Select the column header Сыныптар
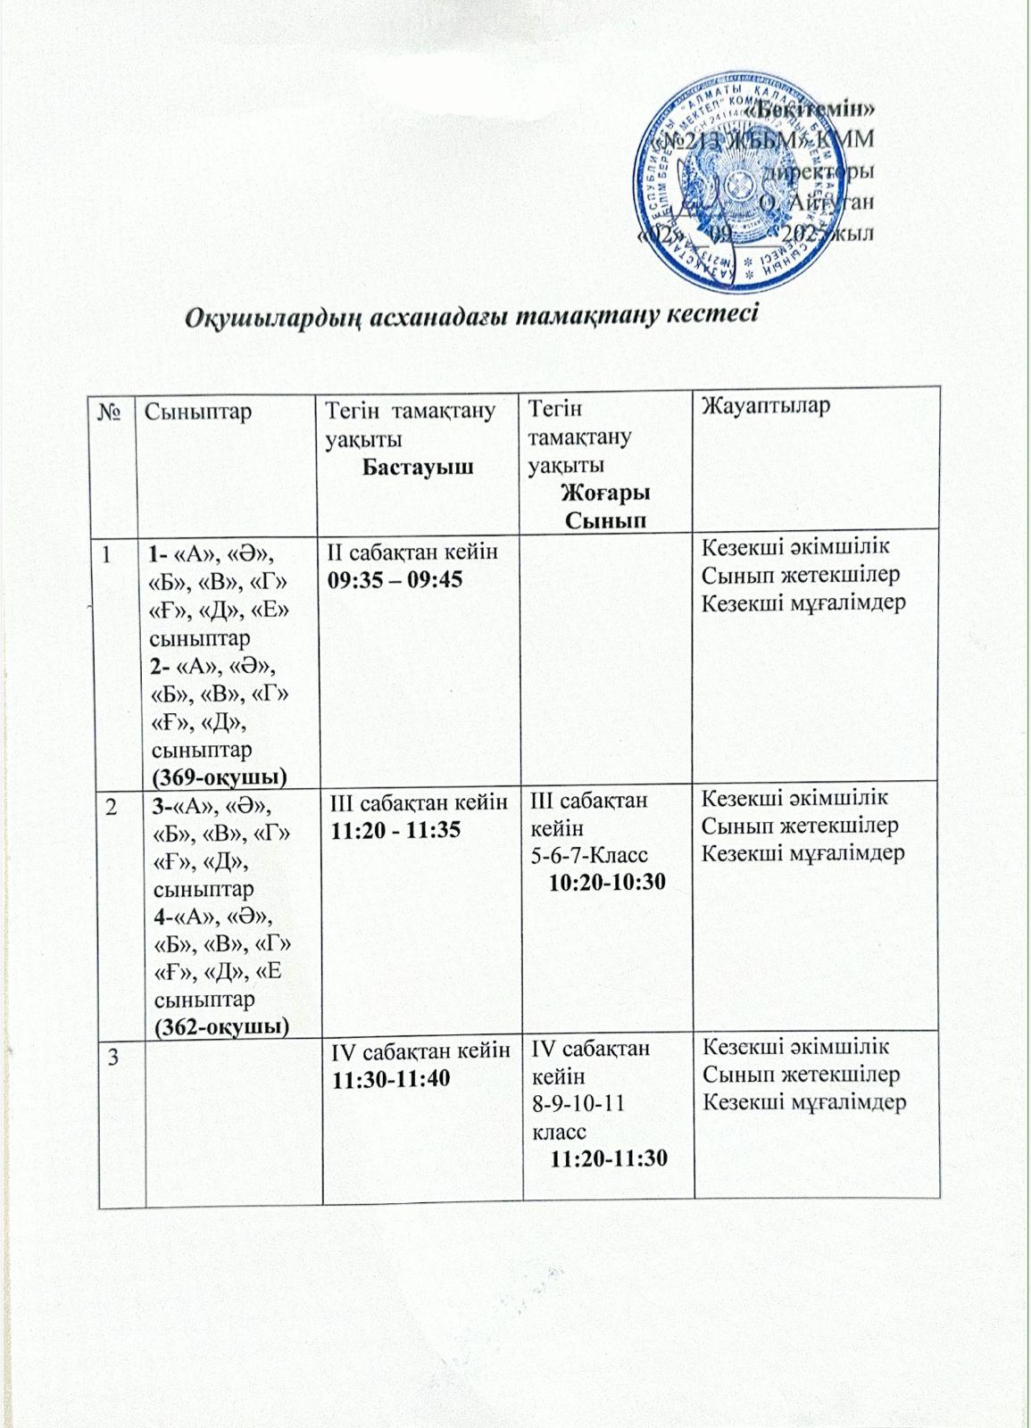tap(197, 411)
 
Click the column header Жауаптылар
tap(766, 407)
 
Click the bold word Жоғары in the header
tap(605, 493)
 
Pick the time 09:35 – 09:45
tap(395, 580)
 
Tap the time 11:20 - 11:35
tap(395, 830)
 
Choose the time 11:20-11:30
tap(609, 1158)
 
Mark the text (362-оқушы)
tap(221, 1027)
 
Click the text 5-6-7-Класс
tap(589, 856)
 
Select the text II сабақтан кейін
tap(413, 552)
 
